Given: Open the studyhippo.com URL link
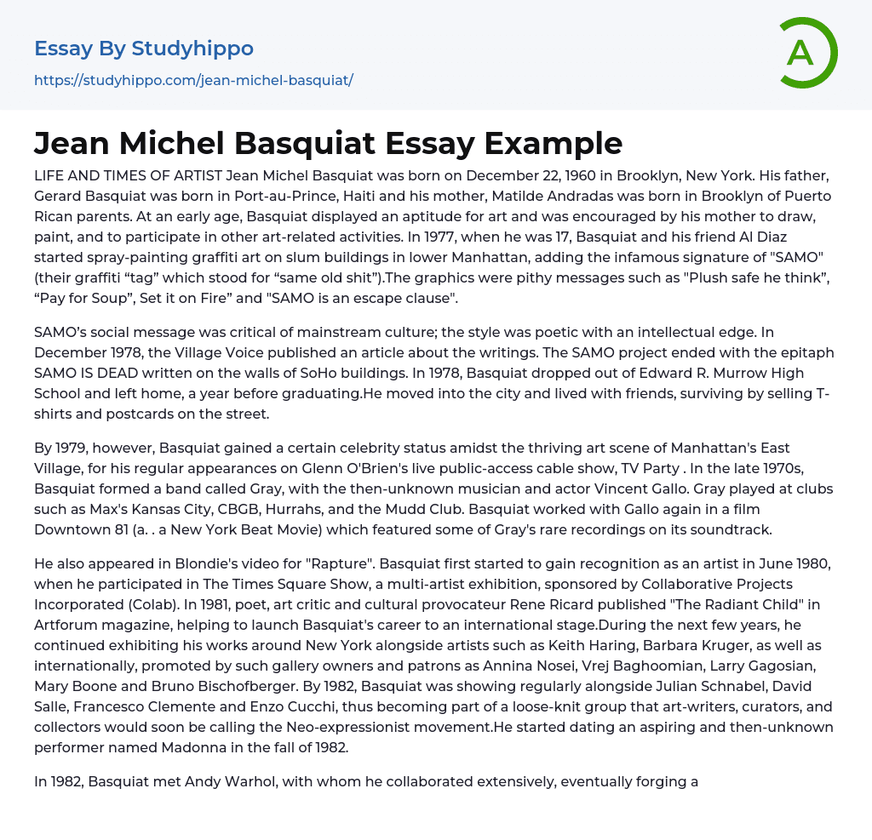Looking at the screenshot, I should [x=193, y=81].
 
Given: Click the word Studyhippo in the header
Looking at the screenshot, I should [x=192, y=49].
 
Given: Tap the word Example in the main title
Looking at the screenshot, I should [x=554, y=143].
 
